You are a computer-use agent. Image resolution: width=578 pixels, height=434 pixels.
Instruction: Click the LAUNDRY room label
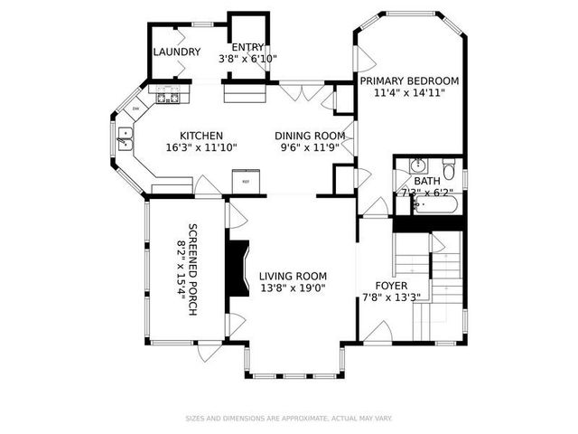pos(176,52)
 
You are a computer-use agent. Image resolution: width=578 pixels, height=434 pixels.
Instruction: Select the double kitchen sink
pos(125,137)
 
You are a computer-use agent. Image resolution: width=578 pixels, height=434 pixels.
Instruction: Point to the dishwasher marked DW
pos(136,109)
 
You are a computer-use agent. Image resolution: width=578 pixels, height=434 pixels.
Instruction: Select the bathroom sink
pos(417,167)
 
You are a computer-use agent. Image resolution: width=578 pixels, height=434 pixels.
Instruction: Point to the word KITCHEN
pos(200,136)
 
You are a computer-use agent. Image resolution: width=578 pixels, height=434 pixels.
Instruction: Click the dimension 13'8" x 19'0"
pos(292,288)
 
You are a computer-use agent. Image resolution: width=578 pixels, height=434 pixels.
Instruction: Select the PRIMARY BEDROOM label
pos(409,80)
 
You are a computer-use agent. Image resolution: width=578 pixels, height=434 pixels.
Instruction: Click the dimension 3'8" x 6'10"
pos(247,59)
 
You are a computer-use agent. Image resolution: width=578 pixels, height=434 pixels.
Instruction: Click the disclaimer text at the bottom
pos(288,418)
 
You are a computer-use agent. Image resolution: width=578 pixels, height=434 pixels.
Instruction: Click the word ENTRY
pos(247,47)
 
